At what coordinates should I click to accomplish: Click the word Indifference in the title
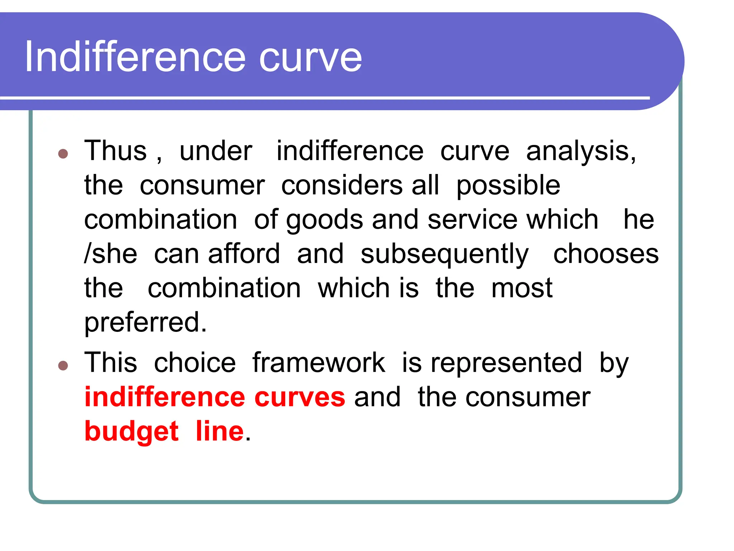pos(135,57)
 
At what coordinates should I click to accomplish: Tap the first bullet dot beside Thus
pos(63,154)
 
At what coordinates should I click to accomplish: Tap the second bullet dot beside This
pos(63,366)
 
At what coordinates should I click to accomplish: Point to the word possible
pos(508,186)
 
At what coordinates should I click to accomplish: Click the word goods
pos(325,220)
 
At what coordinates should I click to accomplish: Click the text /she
pos(110,254)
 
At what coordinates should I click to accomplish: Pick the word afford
pos(244,254)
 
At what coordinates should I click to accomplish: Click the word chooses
pos(606,254)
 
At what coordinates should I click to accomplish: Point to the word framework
pos(318,363)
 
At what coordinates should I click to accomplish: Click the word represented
pos(506,363)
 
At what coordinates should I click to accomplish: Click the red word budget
pos(131,432)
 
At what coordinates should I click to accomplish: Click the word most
pos(521,288)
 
